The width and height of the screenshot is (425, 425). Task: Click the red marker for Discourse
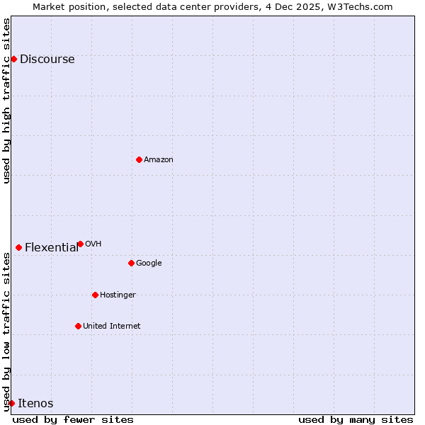pos(13,59)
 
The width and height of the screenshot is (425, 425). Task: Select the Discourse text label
pos(47,59)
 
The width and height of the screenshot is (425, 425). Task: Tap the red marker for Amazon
pos(139,159)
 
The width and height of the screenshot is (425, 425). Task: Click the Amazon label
pos(158,160)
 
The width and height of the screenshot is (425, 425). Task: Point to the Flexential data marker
pos(18,247)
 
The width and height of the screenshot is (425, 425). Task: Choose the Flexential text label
pos(52,248)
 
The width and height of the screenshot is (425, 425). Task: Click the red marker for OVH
pos(80,244)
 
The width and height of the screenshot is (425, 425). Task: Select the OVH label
pos(93,244)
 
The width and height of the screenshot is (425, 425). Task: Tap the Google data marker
pos(131,263)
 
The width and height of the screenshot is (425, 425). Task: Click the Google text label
pos(149,263)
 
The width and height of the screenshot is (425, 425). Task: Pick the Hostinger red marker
pos(95,295)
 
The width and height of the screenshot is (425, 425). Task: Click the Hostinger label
pos(118,295)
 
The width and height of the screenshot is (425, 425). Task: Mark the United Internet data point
pos(78,326)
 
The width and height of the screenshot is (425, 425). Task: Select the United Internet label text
pos(111,327)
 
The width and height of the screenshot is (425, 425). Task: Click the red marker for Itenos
pos(11,403)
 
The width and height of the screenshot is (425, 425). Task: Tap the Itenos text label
pos(35,404)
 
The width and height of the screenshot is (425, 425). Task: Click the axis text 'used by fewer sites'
pos(73,419)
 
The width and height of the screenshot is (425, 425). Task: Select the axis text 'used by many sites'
pos(356,419)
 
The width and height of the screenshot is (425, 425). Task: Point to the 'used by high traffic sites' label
pos(6,101)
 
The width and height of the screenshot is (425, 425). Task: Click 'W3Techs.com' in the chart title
pos(365,6)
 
